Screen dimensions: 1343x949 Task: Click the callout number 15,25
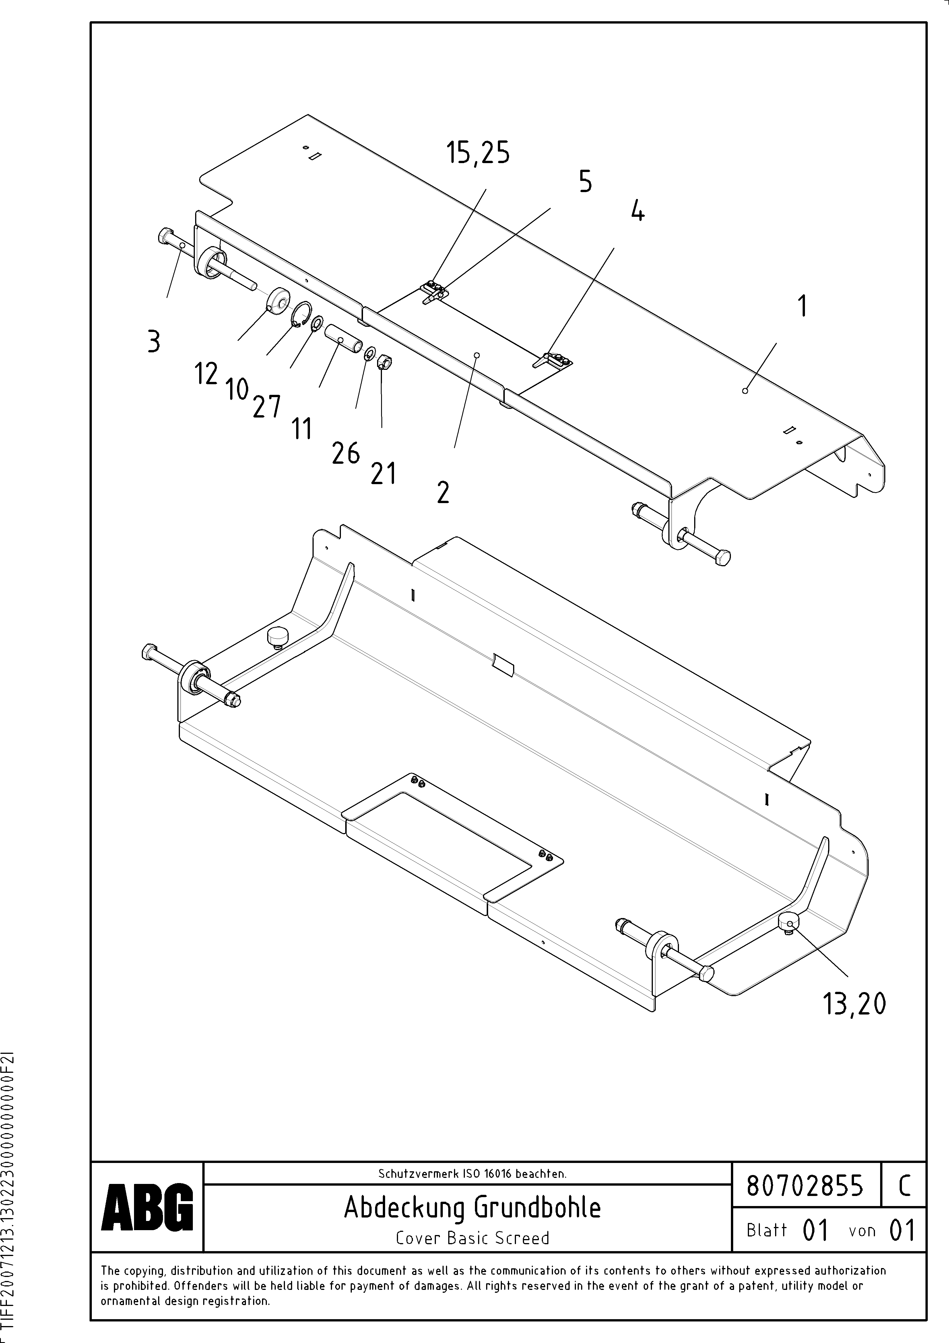(x=478, y=153)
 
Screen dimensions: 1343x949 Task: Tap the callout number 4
(x=638, y=210)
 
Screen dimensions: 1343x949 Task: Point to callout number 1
(x=803, y=306)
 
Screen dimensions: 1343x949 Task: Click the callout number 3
(x=154, y=342)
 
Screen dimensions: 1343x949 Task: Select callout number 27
(x=267, y=407)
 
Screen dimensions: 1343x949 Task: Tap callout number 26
(x=346, y=453)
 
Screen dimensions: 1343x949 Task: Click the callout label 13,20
(x=854, y=1004)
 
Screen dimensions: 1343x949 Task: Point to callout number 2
(x=443, y=492)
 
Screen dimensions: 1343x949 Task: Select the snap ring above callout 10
(x=300, y=315)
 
